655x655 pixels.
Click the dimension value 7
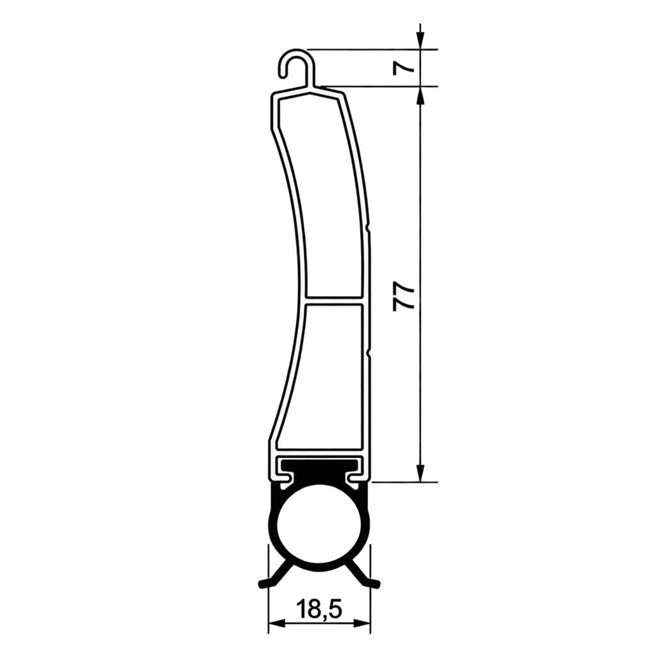coord(404,68)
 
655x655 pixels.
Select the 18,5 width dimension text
coord(319,610)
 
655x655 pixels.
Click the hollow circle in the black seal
coord(319,527)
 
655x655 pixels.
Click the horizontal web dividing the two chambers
coord(335,301)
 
